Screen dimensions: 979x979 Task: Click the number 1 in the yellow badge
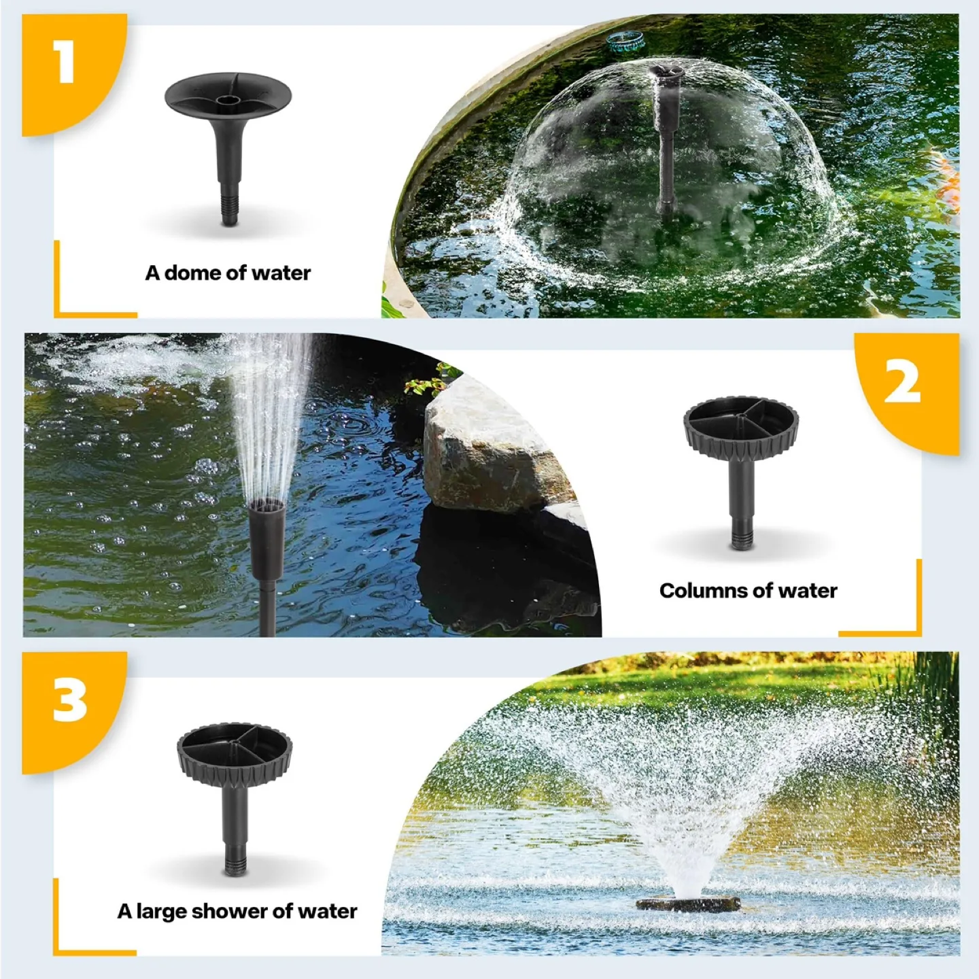click(x=65, y=63)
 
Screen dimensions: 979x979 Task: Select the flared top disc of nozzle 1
click(x=228, y=95)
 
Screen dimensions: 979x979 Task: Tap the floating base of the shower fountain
click(x=687, y=904)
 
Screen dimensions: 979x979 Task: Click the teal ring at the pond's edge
click(x=625, y=41)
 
